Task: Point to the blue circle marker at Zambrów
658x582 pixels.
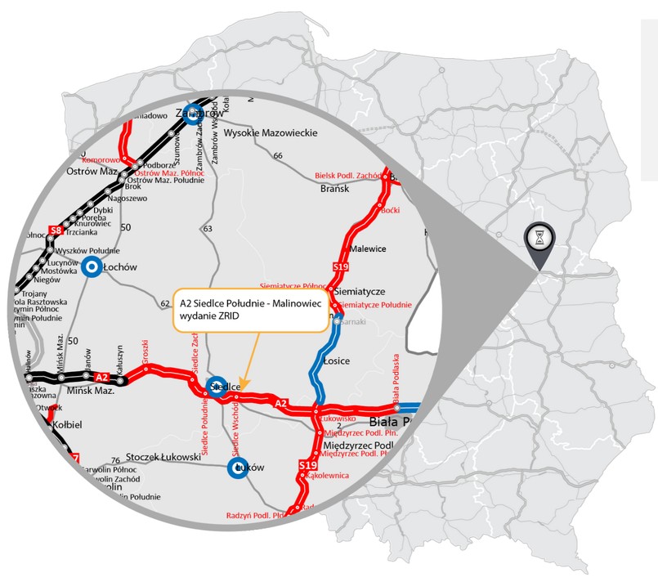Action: coord(193,113)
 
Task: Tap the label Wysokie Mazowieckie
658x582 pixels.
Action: coord(270,132)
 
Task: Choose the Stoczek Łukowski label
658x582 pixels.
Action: coord(162,459)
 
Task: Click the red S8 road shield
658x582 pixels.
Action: coord(56,230)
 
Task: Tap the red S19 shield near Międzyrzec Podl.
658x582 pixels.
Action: coord(307,466)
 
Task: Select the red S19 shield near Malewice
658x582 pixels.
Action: coord(340,267)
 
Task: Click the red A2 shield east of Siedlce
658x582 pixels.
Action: coord(280,404)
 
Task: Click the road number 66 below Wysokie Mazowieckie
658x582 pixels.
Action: coord(278,155)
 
